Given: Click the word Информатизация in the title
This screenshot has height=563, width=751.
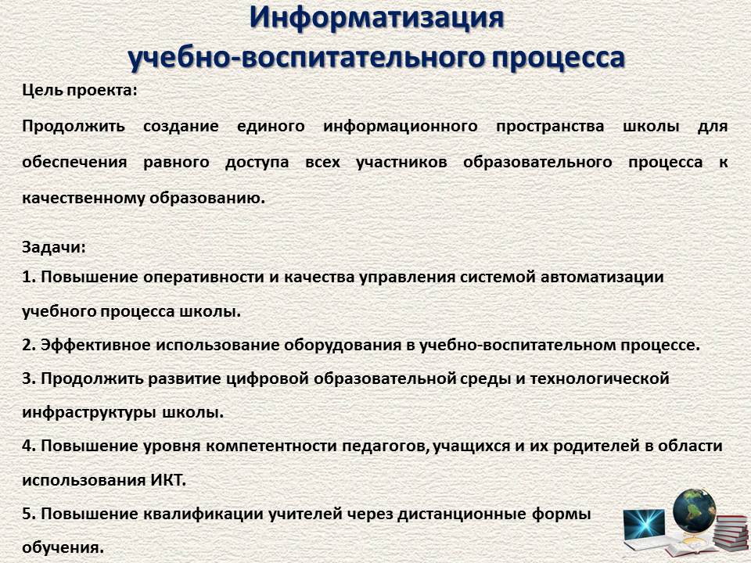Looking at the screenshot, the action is pos(376,19).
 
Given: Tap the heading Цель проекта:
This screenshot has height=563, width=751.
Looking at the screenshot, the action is pos(80,91).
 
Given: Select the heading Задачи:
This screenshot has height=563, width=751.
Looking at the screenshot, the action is pos(54,248).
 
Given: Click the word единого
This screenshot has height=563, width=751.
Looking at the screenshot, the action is pos(271,127).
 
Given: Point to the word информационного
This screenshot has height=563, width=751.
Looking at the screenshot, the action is pos(400,127).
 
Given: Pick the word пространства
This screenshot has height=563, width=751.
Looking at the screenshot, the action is pos(550,127).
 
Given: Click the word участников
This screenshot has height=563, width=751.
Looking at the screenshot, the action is pos(401,163).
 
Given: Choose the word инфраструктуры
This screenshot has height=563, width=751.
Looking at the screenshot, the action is pos(88,413).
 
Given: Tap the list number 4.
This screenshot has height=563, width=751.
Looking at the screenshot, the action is pos(29,446).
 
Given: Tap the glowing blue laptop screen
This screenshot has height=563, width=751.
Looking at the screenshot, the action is pos(644,524).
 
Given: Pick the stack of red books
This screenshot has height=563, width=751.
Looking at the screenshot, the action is pos(730,532).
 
